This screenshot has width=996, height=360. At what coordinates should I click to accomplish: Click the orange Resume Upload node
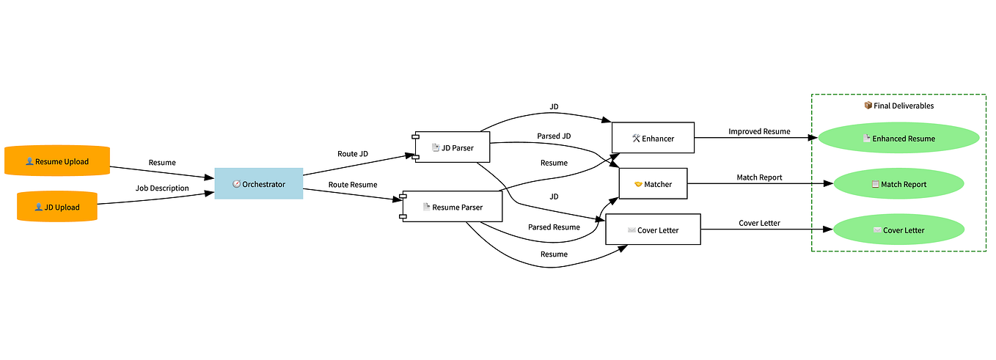57,161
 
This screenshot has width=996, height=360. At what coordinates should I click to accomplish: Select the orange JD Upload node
57,207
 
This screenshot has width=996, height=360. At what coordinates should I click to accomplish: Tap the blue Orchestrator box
259,184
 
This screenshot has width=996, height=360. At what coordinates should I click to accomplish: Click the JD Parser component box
453,147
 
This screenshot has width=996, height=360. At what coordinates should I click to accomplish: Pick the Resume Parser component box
453,207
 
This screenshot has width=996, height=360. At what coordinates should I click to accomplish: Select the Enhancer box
653,138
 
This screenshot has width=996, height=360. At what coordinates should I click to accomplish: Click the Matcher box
653,184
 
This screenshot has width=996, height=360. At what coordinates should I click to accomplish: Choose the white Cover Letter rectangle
653,229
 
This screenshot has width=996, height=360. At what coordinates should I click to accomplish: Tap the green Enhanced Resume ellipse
898,139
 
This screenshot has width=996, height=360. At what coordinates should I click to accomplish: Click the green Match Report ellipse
898,184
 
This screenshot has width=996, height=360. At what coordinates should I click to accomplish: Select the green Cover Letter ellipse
898,229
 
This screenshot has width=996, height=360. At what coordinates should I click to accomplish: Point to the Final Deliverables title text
898,106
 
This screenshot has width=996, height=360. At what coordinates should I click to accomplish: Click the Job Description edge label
162,188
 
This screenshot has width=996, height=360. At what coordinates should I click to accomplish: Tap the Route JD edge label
353,154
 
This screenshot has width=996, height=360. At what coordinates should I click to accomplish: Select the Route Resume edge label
353,185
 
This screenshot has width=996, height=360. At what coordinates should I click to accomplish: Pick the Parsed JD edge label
554,136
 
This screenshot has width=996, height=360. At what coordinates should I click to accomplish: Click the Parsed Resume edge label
554,227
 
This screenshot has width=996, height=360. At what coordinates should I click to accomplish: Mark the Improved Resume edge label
759,131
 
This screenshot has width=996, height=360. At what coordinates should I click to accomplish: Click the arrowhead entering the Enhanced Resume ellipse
813,138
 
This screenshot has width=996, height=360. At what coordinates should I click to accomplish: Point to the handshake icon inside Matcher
637,184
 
